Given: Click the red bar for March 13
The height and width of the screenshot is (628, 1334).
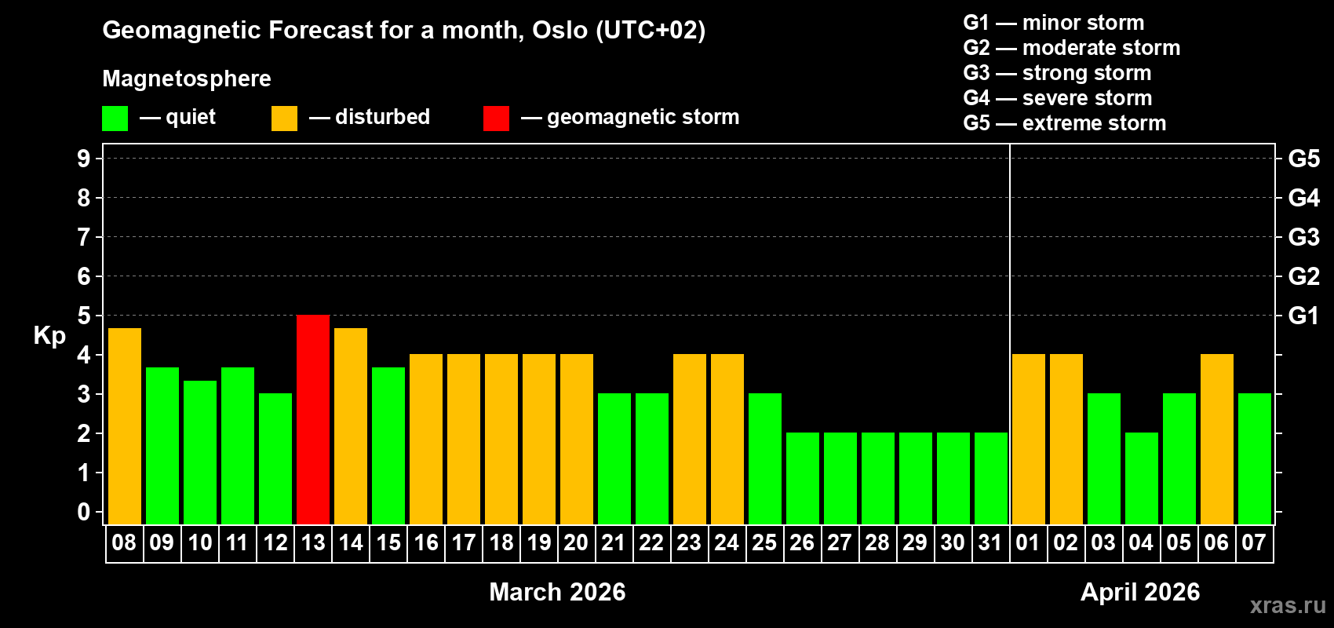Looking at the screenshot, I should [313, 419].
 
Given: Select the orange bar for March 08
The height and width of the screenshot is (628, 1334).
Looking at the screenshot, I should [125, 426].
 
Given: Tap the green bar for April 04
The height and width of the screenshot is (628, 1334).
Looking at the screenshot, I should [1142, 478].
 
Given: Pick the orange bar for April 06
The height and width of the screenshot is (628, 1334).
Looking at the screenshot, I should [1217, 439].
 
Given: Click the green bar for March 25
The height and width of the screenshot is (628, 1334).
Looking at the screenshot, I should [765, 458].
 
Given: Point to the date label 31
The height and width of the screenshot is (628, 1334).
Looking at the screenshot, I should [990, 542].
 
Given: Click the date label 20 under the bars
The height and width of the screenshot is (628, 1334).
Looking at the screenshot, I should [576, 542].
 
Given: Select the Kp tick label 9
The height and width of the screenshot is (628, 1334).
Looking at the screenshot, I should [84, 159].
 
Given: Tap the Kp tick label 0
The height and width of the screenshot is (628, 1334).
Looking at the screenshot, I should [84, 512].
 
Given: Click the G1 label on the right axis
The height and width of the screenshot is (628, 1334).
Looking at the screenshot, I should [1303, 316].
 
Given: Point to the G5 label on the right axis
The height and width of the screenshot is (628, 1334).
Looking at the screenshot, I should [1303, 159].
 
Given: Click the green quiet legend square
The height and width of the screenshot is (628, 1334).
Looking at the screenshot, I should [115, 119].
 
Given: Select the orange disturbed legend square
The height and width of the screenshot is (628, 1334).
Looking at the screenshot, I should [284, 119].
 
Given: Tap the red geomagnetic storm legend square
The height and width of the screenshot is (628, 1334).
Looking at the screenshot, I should [496, 119].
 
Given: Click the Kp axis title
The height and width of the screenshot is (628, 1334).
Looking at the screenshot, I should [49, 335].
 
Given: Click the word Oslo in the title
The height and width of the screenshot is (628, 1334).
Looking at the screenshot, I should [559, 30].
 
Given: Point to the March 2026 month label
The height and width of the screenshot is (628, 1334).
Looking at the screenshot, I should [557, 591].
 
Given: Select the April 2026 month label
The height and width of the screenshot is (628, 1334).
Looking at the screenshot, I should [1140, 591].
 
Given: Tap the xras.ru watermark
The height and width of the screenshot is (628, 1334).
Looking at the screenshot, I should [1288, 604].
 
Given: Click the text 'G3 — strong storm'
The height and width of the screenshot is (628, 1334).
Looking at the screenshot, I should [1057, 73].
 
